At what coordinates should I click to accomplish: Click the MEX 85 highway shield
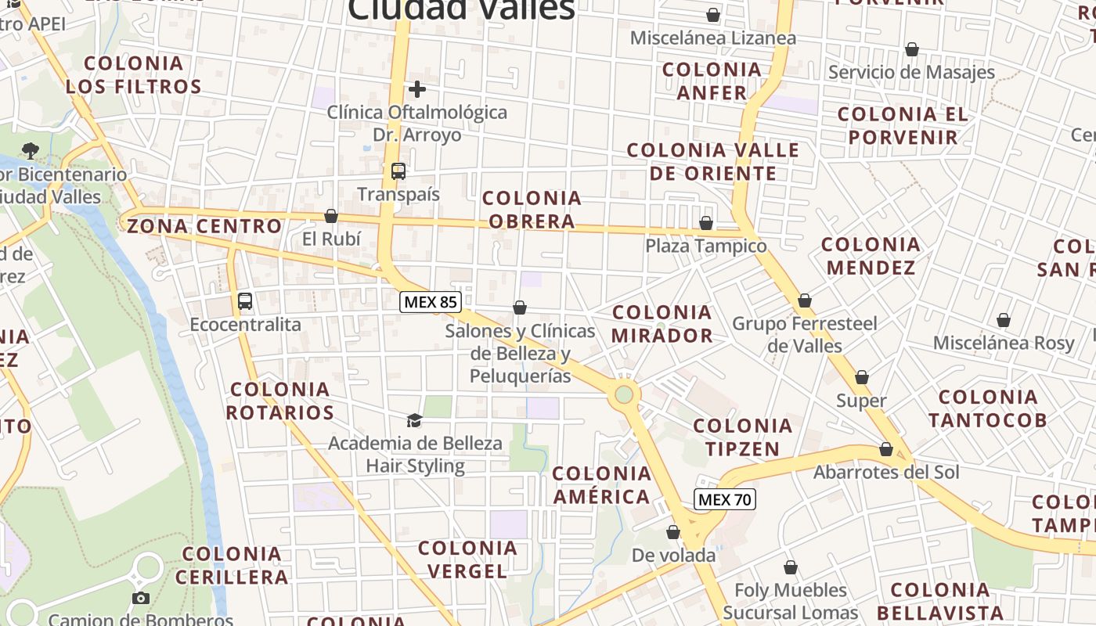point(430,302)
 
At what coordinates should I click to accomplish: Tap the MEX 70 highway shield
point(725,499)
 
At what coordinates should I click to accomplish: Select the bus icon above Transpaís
point(398,171)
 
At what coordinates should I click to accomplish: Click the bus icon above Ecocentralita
point(245,300)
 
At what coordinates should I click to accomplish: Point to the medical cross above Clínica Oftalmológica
point(417,88)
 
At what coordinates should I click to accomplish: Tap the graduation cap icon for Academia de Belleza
point(414,420)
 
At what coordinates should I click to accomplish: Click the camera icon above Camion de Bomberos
point(141,598)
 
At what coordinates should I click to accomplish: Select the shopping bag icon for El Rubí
point(331,216)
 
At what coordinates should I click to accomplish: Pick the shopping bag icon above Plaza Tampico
point(706,223)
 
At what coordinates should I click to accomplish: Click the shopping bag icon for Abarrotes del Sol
point(886,449)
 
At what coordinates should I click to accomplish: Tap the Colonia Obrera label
point(532,210)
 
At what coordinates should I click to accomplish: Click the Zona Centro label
point(204,226)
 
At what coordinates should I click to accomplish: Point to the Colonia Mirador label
point(662,324)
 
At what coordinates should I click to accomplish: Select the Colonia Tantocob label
point(987,408)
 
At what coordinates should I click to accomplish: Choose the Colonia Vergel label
point(467,559)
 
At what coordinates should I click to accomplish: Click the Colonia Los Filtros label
point(133,75)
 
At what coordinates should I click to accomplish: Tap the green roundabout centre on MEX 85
point(624,394)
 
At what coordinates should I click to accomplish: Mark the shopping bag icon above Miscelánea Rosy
point(1004,320)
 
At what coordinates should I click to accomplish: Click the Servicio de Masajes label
point(911,73)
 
